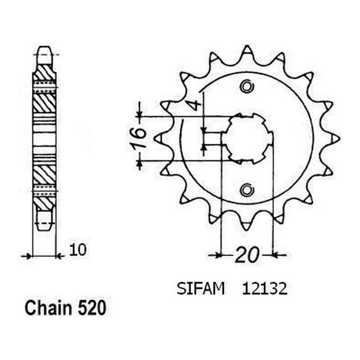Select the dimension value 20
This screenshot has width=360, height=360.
tap(247, 256)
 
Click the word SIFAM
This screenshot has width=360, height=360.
tap(200, 290)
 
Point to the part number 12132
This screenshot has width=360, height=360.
tap(265, 290)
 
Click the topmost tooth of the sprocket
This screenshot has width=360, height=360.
tap(247, 51)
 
